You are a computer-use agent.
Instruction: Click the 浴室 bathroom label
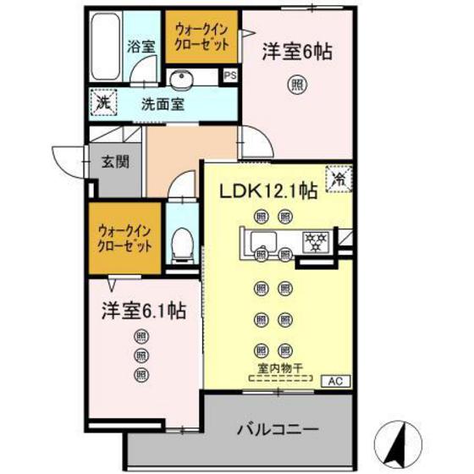pos(141,47)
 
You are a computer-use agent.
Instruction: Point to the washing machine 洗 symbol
pos(100,102)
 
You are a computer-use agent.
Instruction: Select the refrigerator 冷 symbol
pos(339,178)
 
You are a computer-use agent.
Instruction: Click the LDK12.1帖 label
pos(269,191)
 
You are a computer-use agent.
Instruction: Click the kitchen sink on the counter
pos(262,239)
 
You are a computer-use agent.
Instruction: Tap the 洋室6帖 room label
pos(295,52)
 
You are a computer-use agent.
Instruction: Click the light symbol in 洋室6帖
pos(296,84)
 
